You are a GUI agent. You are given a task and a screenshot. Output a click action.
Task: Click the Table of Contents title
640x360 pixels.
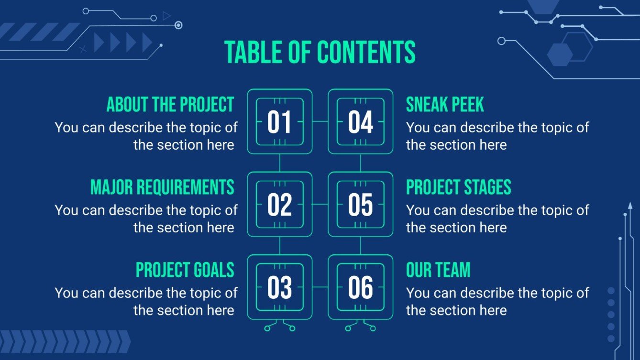320,52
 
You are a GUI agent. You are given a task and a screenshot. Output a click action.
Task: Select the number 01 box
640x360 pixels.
279,121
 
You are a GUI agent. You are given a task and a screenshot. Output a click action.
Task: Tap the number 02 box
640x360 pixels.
279,204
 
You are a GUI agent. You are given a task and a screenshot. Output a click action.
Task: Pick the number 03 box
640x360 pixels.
279,287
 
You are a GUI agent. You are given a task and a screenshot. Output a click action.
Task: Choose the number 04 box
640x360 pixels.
360,121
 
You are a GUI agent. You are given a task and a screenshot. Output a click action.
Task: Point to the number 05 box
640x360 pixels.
360,204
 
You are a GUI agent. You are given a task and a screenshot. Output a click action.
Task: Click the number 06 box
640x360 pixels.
360,287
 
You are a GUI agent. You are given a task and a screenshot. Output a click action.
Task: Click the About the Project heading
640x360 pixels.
170,104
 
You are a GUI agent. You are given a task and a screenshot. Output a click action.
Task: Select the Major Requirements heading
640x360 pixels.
162,187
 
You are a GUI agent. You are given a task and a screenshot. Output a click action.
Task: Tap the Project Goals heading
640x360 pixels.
185,270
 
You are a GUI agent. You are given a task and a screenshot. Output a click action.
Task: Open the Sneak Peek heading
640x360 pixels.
445,104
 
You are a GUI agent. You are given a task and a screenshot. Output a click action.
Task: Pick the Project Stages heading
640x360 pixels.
458,187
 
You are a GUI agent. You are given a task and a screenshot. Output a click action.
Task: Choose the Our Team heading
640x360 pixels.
438,270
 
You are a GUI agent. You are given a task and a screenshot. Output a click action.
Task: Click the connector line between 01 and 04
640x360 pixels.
320,121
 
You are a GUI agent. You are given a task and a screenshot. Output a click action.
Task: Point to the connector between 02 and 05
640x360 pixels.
320,204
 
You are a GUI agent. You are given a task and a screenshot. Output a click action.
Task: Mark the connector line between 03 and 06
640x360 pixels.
320,287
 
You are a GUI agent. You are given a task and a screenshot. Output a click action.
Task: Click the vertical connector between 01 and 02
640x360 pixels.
279,163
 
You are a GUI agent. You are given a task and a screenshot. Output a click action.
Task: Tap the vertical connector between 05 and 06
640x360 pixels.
360,246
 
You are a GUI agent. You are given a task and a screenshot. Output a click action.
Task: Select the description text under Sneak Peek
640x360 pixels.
497,136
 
